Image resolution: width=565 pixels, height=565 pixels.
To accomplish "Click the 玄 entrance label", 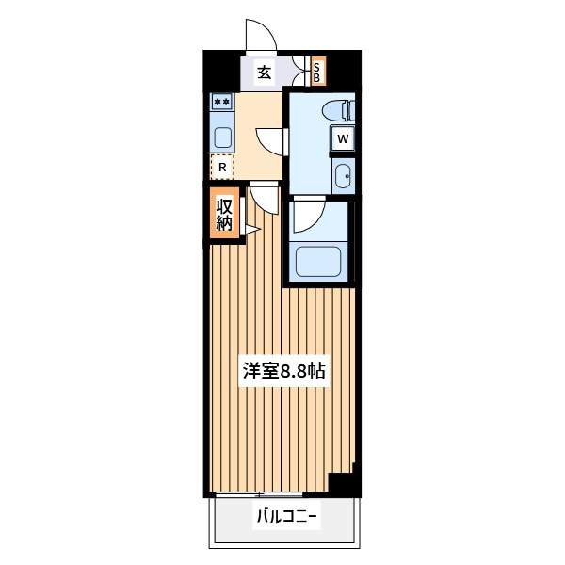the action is coord(265,73).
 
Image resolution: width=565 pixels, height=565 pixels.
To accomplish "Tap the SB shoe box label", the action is coord(317,73).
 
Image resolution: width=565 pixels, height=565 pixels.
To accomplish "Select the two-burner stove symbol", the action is coord(222,102).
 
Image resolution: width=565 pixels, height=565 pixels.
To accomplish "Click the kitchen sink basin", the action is coord(222,137).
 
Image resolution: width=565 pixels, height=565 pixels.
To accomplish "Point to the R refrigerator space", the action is coord(222,168).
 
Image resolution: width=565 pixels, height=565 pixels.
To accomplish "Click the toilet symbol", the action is coord(339,110).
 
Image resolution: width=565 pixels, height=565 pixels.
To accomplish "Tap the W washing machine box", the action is coord(343,138).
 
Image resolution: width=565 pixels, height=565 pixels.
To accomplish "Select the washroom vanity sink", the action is coord(343,177).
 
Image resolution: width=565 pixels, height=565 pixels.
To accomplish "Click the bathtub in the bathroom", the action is coord(318,262).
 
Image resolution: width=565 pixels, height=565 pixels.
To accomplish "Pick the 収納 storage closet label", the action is coord(224,215).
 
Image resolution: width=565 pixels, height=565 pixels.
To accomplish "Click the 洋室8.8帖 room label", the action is coord(284,370).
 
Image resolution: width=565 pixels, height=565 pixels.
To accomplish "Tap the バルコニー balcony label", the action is coord(286,517).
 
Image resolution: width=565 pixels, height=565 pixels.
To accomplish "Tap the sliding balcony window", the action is coord(258,494).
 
